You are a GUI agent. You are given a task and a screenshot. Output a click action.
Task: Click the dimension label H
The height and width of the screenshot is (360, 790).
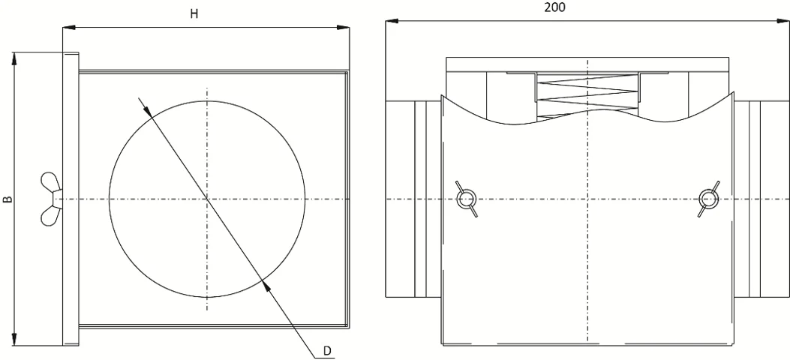[194, 14]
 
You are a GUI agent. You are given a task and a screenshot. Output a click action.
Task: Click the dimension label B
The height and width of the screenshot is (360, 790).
[8, 199]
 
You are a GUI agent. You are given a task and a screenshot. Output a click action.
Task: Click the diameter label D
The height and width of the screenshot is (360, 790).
[328, 351]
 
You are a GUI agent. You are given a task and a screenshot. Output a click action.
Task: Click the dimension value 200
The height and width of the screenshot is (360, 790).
[554, 7]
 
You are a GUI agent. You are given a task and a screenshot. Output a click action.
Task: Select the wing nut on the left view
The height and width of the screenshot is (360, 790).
[51, 199]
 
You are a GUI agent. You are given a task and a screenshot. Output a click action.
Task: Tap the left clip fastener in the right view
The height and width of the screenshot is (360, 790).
[466, 199]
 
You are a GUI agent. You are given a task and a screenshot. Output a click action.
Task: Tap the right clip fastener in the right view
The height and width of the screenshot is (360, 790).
[708, 199]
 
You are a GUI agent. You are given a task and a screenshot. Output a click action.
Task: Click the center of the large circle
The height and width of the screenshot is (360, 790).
[206, 199]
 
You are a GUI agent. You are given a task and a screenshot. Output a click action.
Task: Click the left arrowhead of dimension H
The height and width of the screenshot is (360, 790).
[69, 27]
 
